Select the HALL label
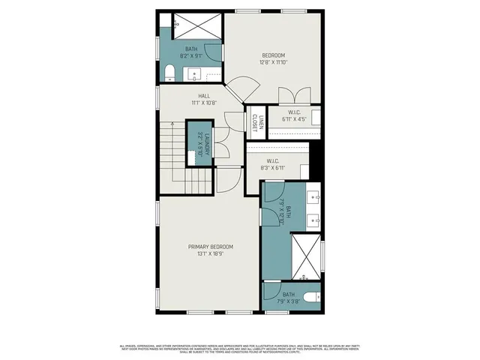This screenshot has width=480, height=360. click(203, 96)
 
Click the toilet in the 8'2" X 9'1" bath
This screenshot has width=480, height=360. click(169, 73)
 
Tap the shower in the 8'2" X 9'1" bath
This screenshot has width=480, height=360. click(198, 25)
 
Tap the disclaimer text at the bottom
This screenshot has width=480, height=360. click(240, 347)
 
